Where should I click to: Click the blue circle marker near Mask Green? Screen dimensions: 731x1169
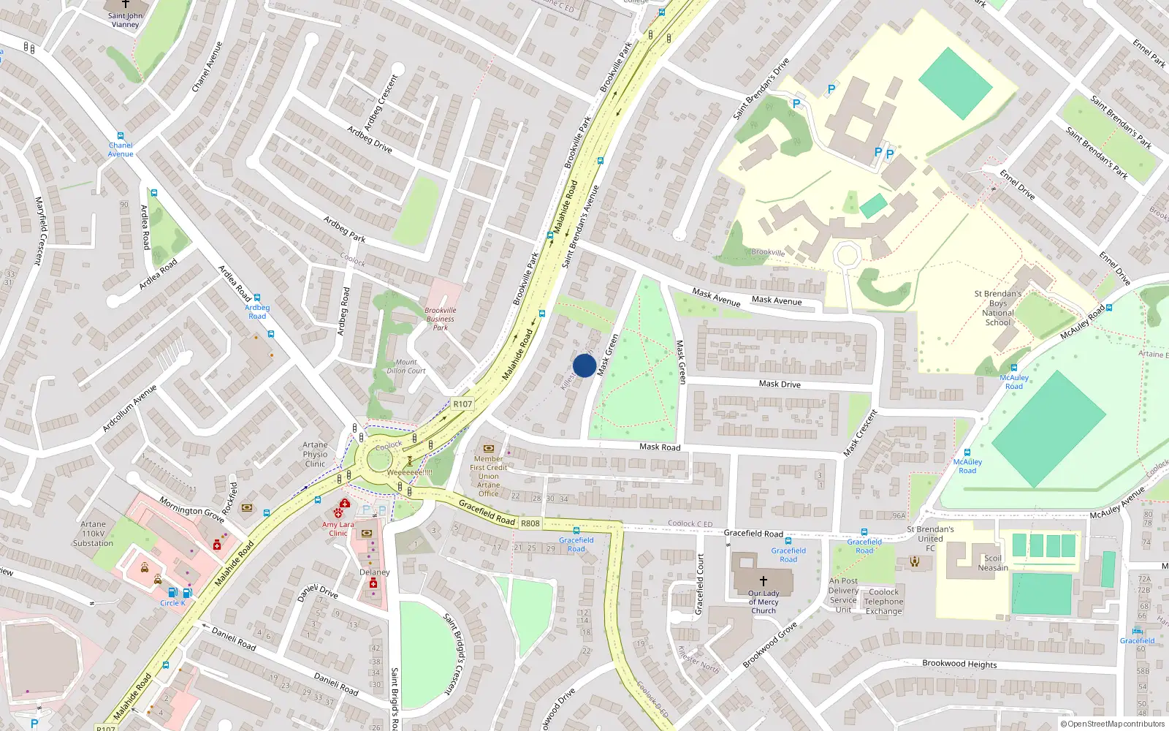[x=584, y=365]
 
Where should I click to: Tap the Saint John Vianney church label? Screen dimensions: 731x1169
[x=125, y=20]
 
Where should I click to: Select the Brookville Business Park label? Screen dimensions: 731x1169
[x=440, y=319]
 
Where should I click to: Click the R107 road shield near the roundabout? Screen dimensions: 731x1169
[x=462, y=404]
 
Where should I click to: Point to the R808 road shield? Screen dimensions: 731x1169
[x=530, y=523]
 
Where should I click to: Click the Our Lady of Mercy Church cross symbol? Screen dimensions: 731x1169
[x=764, y=580]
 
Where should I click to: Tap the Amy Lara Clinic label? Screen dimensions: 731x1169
[x=338, y=529]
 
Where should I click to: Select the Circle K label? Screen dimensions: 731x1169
[x=172, y=603]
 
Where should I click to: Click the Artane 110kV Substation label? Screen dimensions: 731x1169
[x=93, y=534]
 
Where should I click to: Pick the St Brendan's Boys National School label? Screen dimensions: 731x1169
[x=998, y=308]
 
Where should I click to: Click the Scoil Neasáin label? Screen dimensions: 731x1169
[x=993, y=563]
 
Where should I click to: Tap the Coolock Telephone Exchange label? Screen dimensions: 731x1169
[x=883, y=602]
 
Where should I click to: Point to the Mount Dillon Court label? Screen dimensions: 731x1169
[x=406, y=366]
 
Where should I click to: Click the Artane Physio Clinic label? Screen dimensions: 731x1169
[x=315, y=454]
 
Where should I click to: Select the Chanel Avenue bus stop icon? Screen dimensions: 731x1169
[x=121, y=136]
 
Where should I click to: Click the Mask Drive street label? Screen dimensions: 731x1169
[x=780, y=384]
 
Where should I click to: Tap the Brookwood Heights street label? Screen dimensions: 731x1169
[x=959, y=664]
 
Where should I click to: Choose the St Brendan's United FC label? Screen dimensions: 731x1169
[x=930, y=539]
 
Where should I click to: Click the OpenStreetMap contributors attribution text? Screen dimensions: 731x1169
[x=1112, y=724]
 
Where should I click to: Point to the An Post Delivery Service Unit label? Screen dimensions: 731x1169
[x=843, y=595]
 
